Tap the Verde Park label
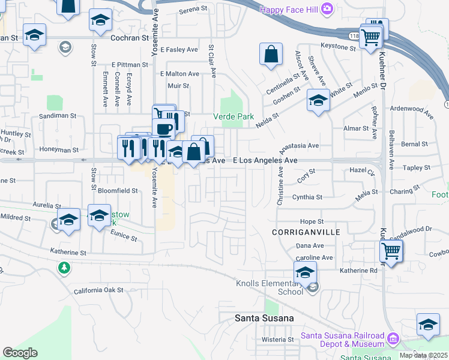(x=234, y=116)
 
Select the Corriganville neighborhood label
(x=306, y=232)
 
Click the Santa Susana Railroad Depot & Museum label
(x=342, y=339)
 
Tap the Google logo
(x=20, y=353)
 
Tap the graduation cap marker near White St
(x=318, y=100)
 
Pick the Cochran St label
(x=130, y=37)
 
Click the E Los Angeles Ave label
(x=265, y=161)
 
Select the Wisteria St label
(x=277, y=339)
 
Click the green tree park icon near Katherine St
(x=64, y=267)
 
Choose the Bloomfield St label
(x=118, y=190)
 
